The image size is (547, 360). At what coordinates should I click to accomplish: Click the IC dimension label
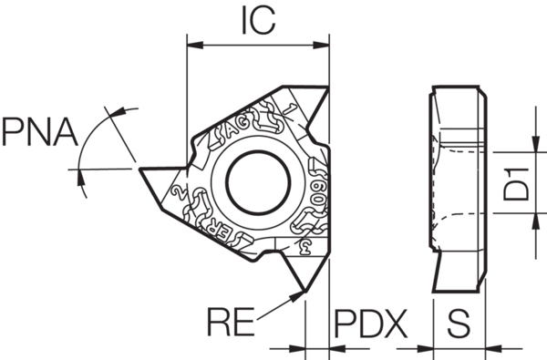(257, 20)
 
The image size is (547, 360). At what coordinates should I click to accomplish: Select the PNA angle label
(38, 133)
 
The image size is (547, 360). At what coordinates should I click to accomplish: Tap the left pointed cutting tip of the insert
(139, 169)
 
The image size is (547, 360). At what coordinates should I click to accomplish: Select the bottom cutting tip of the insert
(304, 291)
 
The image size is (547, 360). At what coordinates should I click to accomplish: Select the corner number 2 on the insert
(181, 194)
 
